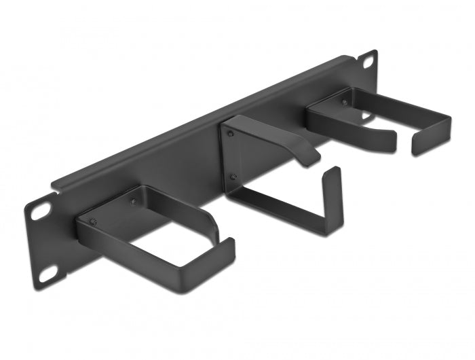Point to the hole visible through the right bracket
point(366,117)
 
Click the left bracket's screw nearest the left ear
point(94,221)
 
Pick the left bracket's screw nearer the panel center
point(133,202)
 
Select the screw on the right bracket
point(344,103)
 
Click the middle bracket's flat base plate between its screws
point(234,156)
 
